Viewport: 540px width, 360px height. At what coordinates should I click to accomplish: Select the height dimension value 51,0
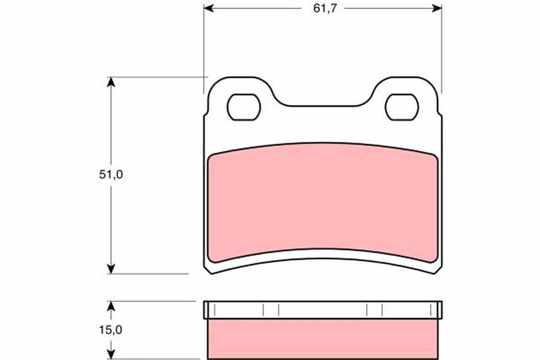click(111, 175)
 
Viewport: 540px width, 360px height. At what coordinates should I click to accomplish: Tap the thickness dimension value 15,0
click(111, 330)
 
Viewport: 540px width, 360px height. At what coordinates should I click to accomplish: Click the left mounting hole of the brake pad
click(244, 108)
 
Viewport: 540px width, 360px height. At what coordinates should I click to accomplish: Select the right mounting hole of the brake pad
click(402, 108)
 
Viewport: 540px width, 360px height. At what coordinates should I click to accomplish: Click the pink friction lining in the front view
click(323, 202)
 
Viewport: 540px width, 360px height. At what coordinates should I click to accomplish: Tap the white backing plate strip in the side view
click(323, 310)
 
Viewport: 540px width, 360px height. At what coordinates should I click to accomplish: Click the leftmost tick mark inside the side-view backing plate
click(215, 310)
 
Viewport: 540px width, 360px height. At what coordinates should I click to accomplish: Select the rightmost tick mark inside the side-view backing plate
click(431, 310)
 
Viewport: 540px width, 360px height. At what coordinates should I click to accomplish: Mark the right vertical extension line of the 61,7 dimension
click(441, 49)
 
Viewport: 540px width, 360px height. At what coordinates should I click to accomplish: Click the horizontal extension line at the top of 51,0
click(157, 77)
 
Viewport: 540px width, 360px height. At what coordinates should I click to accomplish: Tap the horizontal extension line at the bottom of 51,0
click(148, 274)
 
